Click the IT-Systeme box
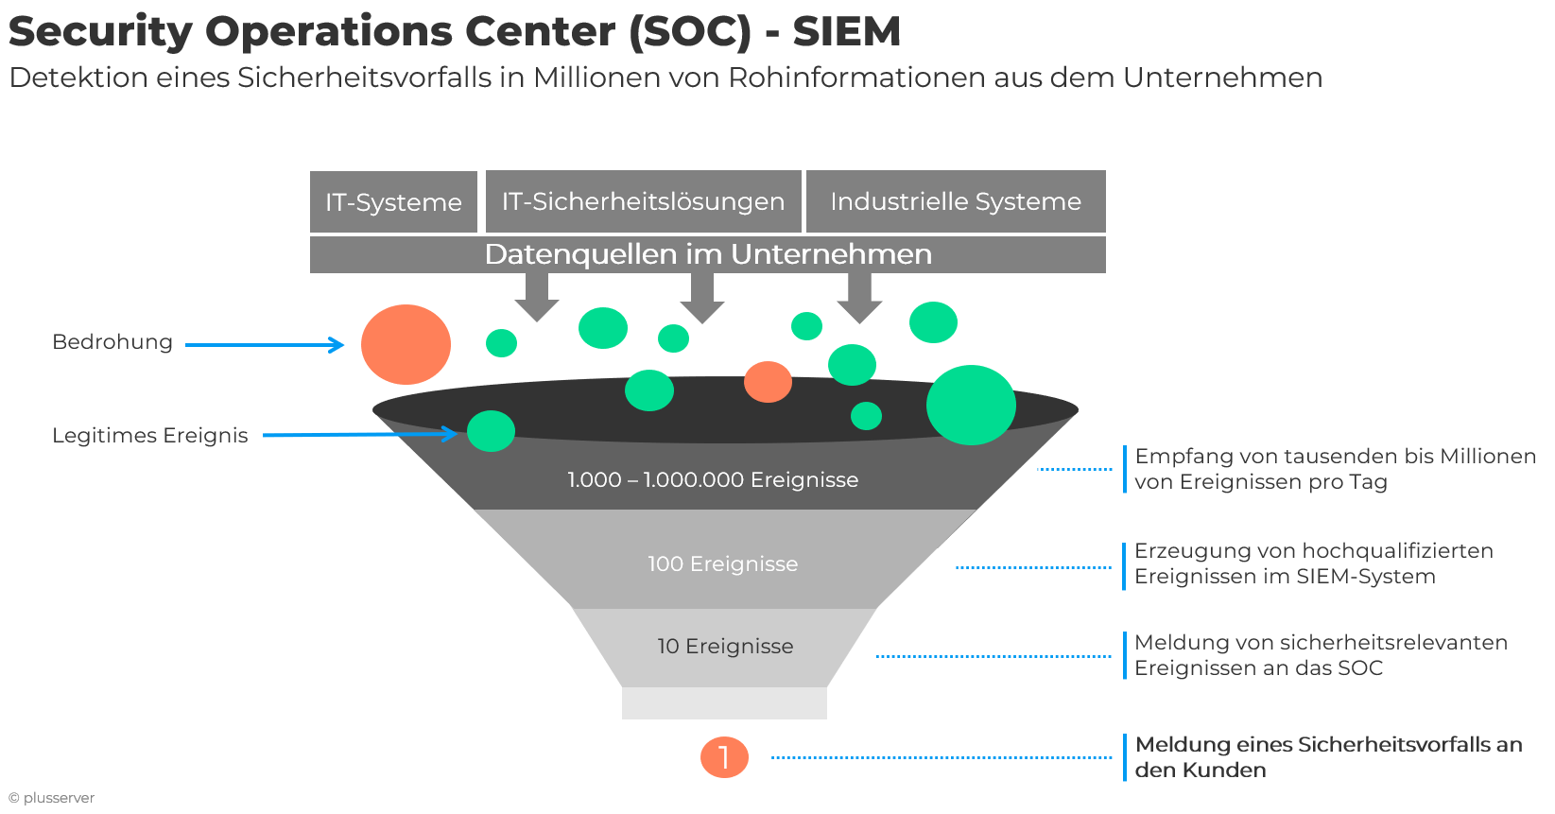[393, 201]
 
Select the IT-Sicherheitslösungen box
[643, 201]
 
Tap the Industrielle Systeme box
[956, 201]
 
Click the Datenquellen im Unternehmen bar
[707, 255]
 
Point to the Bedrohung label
[112, 342]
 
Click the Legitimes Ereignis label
[150, 436]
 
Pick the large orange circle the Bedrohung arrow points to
[406, 344]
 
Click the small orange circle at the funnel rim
[768, 382]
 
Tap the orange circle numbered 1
[724, 757]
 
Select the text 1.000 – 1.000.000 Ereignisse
[713, 480]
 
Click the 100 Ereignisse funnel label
[722, 564]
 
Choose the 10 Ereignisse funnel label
[725, 647]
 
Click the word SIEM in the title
[847, 32]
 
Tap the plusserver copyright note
[51, 798]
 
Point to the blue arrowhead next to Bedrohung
[337, 344]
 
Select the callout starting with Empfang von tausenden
[1335, 469]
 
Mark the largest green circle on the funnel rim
[971, 405]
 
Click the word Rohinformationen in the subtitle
[856, 78]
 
